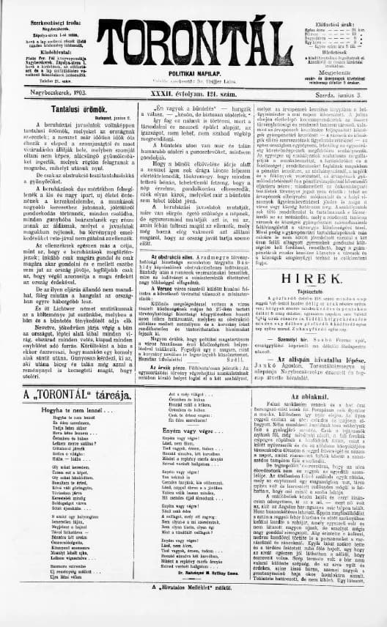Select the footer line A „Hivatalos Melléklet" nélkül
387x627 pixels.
pyautogui.click(x=194, y=609)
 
